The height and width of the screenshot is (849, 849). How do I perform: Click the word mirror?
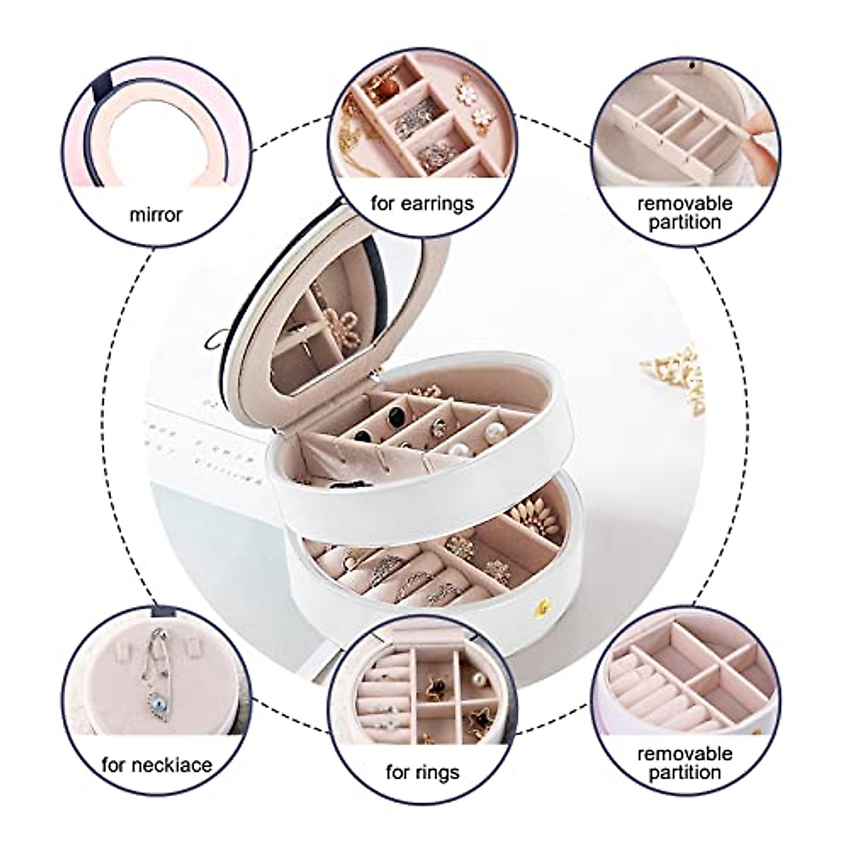coord(155,214)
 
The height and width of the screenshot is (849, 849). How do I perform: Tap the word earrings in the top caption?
coord(439,204)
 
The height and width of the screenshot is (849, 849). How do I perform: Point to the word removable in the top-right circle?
coord(684,204)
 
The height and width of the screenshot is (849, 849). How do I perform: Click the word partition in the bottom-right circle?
coord(684,773)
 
